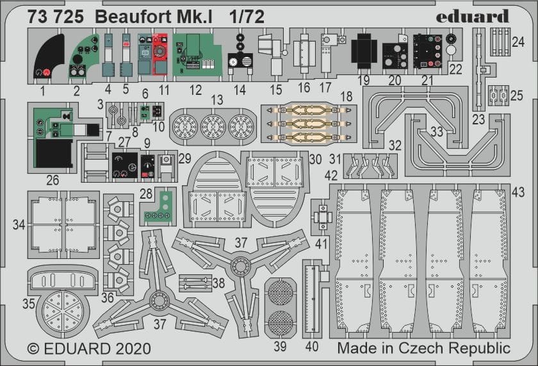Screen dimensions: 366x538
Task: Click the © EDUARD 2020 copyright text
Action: coord(89,349)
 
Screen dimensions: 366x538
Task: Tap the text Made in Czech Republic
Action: coord(423,349)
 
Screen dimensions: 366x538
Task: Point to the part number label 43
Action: coord(519,191)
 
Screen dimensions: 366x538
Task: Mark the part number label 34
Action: coord(19,224)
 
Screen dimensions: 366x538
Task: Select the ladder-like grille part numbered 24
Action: coord(500,42)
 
